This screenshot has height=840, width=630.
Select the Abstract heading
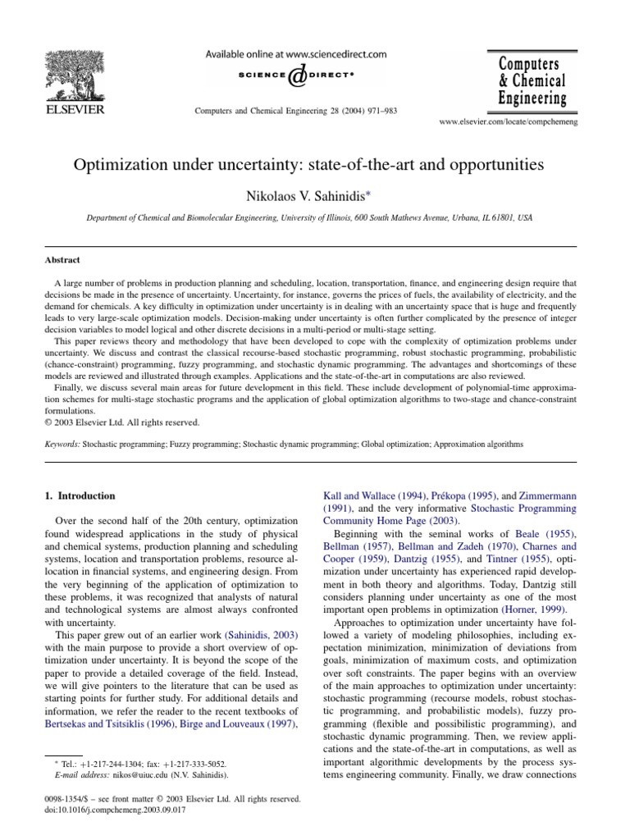tap(62, 258)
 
